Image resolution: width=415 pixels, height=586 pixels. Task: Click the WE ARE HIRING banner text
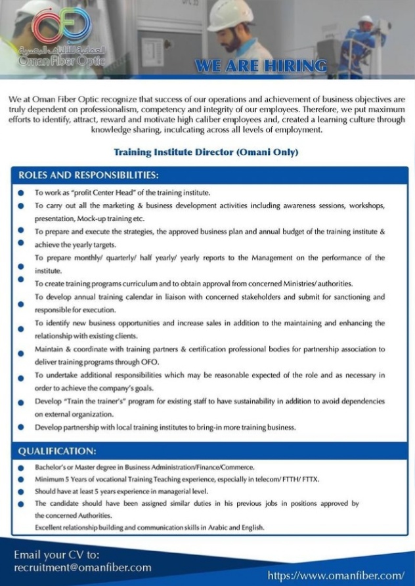pyautogui.click(x=261, y=66)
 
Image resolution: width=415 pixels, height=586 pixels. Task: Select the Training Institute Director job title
pyautogui.click(x=206, y=152)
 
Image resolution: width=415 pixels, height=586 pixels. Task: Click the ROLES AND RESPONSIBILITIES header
pyautogui.click(x=88, y=175)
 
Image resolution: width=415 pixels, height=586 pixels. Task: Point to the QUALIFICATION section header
pyautogui.click(x=58, y=451)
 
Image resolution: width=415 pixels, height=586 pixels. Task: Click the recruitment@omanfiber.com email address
pyautogui.click(x=83, y=568)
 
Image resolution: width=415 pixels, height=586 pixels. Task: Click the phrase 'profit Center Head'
pyautogui.click(x=99, y=193)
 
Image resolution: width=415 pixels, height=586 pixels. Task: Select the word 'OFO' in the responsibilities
pyautogui.click(x=150, y=362)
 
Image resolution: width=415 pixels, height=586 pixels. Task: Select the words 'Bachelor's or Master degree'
pyautogui.click(x=76, y=467)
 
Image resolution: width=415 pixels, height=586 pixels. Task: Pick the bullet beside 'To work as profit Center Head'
pyautogui.click(x=21, y=194)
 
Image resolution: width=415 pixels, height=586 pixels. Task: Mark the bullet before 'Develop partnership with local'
pyautogui.click(x=21, y=427)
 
